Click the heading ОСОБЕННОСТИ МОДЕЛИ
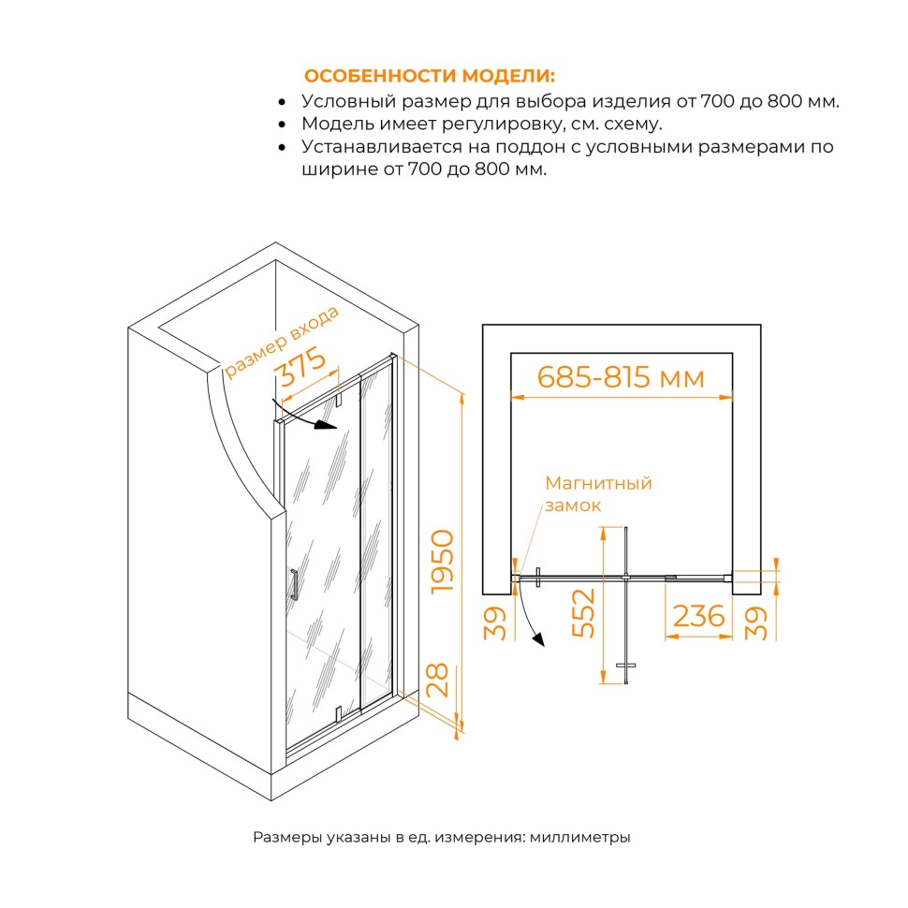[x=429, y=76]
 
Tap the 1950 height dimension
[x=443, y=562]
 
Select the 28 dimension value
[x=437, y=681]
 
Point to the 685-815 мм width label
[x=621, y=377]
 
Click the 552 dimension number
[x=583, y=613]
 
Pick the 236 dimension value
[x=699, y=616]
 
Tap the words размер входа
[x=282, y=343]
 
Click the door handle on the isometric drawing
[x=294, y=585]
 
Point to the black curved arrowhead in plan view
[x=538, y=639]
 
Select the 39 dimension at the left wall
[x=494, y=623]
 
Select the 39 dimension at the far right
[x=755, y=623]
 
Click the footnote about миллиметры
[x=441, y=838]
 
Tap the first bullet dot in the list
[x=282, y=102]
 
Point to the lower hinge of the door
[x=338, y=714]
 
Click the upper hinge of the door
[x=339, y=400]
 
